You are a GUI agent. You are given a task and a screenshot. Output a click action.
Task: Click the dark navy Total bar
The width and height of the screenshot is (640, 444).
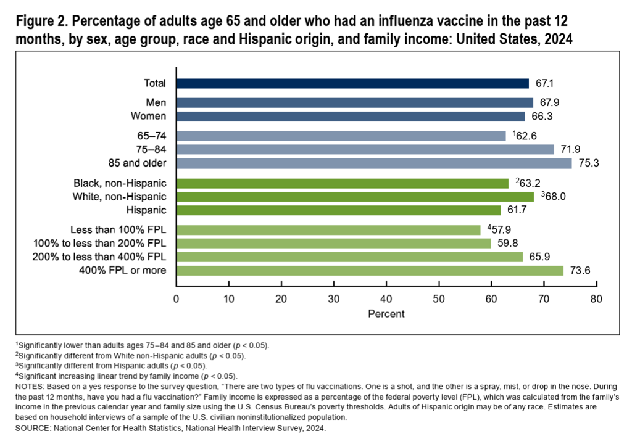point(352,84)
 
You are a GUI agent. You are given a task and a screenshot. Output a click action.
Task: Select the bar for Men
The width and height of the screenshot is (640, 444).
point(354,103)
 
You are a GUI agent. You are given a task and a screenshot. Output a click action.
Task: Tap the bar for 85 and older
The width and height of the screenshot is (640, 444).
point(374,163)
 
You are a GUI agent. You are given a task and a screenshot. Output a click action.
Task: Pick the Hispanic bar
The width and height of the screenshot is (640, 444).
point(338,210)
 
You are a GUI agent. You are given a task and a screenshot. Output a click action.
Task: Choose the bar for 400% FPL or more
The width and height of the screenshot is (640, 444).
point(370,271)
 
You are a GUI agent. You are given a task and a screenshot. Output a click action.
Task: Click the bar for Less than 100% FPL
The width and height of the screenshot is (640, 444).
point(328,230)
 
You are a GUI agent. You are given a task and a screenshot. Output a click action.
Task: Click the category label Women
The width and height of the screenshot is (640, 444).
point(149,116)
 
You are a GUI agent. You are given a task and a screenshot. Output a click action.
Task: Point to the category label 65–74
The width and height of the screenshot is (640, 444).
point(153,135)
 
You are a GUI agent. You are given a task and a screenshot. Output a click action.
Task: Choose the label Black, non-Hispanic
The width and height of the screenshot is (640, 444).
point(120,183)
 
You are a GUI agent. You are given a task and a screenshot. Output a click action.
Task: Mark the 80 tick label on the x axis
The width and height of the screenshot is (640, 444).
point(596,300)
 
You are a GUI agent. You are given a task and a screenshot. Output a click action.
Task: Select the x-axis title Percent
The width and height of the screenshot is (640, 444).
point(386,314)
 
